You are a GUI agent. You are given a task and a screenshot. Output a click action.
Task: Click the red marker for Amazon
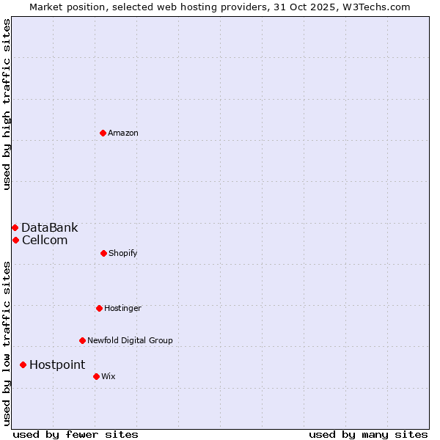click(x=103, y=133)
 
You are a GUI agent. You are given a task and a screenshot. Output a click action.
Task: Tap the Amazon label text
click(x=123, y=133)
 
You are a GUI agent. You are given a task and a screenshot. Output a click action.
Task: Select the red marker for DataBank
click(x=15, y=227)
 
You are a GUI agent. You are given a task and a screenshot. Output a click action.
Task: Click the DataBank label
click(x=49, y=227)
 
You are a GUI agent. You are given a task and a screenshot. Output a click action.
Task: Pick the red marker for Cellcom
click(x=15, y=240)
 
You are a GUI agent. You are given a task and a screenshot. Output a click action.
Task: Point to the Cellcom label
click(x=45, y=240)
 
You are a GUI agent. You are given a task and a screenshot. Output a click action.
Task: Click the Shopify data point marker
click(x=103, y=253)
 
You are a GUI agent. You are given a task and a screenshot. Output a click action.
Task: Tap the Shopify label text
click(x=122, y=253)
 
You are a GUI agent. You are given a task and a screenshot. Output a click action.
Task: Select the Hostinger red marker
click(x=99, y=308)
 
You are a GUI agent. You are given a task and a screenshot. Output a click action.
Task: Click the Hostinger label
click(x=122, y=308)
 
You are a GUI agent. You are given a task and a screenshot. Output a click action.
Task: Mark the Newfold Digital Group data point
click(x=82, y=340)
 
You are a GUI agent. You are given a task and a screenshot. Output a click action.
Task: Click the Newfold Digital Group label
click(x=130, y=340)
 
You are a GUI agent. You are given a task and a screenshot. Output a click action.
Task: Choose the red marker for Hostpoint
click(x=23, y=364)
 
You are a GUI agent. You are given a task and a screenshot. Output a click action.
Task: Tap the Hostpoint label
click(x=57, y=364)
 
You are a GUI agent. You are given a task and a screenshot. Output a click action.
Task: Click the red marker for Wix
click(x=96, y=376)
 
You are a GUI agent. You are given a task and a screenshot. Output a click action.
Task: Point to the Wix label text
click(x=109, y=376)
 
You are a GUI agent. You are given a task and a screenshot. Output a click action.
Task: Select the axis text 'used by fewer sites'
click(x=76, y=434)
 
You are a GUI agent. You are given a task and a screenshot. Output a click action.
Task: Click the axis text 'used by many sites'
click(x=368, y=434)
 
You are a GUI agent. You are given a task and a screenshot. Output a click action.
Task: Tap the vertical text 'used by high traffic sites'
click(x=7, y=104)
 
